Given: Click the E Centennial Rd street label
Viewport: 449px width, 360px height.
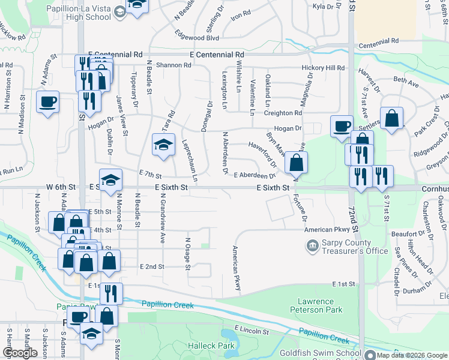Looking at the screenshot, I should (217, 54).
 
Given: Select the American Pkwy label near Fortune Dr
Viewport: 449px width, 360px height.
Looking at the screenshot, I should (327, 230).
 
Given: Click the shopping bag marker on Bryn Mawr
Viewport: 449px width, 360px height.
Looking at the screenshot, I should (297, 162).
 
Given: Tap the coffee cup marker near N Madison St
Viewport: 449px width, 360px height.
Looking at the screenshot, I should (47, 101).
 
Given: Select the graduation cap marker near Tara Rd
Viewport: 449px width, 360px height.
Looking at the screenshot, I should (163, 145).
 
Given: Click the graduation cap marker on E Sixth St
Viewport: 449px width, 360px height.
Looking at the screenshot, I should (110, 180).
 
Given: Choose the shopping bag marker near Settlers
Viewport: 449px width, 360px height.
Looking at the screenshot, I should (391, 119).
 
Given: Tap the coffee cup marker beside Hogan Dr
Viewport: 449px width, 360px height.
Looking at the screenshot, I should (342, 126).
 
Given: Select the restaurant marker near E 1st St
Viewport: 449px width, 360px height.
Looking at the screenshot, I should (111, 293).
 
